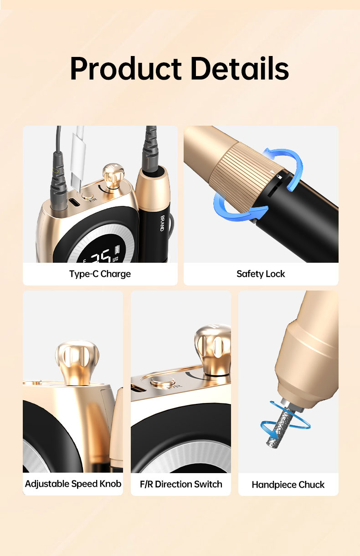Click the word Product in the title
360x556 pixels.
[126, 68]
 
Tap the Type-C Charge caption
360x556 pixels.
[100, 274]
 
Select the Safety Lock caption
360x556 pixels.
[261, 274]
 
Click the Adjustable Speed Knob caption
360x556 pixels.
[73, 484]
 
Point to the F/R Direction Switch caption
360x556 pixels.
[181, 484]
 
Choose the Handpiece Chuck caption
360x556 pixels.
[288, 485]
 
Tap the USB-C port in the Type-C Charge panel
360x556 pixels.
[74, 203]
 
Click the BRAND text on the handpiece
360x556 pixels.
[163, 223]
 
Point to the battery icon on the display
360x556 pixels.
[117, 250]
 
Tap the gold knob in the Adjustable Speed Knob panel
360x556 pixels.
[77, 362]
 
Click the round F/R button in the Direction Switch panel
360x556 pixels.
[162, 381]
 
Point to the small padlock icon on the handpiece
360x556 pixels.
[279, 177]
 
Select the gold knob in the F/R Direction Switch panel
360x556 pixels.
[213, 349]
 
